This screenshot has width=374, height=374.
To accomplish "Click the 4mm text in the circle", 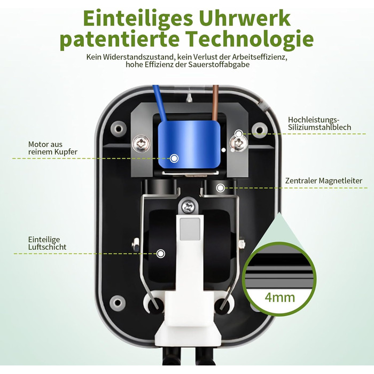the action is pyautogui.click(x=280, y=298).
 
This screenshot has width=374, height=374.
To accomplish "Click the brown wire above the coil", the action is pyautogui.click(x=215, y=103).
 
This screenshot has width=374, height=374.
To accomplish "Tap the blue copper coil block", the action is pyautogui.click(x=189, y=144).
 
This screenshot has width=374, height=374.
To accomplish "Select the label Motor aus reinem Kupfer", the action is pyautogui.click(x=53, y=148).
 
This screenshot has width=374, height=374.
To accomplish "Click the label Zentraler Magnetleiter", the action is pyautogui.click(x=324, y=181).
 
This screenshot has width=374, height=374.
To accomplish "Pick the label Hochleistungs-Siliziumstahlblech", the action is pyautogui.click(x=320, y=123).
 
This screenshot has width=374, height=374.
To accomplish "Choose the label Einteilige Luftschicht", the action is pyautogui.click(x=47, y=243).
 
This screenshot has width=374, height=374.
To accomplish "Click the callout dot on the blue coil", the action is pyautogui.click(x=174, y=158).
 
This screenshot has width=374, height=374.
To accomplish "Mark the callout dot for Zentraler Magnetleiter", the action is pyautogui.click(x=220, y=188).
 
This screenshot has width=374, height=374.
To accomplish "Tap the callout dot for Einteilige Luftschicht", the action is pyautogui.click(x=161, y=253).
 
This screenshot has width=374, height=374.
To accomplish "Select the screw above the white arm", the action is pyautogui.click(x=188, y=207).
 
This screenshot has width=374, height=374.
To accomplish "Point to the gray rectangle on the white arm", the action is pyautogui.click(x=190, y=229).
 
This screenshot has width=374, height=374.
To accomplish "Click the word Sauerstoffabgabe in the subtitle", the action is pyautogui.click(x=219, y=65).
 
